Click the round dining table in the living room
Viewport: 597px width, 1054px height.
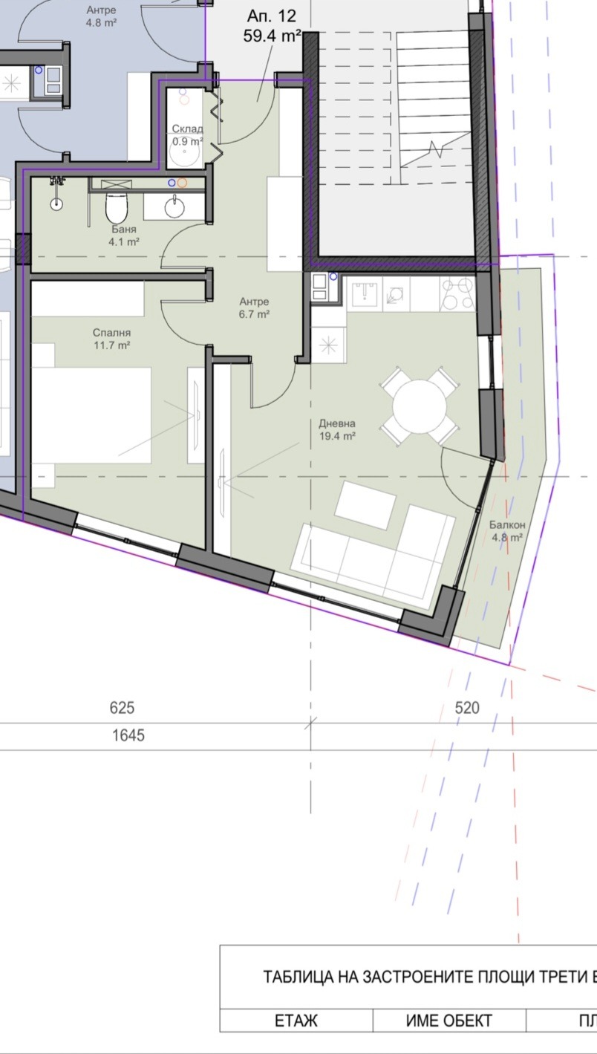420,406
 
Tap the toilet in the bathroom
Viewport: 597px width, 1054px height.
116,207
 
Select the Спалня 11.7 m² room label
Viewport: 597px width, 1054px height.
111,339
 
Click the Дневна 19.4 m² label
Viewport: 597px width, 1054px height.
337,429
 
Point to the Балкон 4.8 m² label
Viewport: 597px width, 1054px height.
507,531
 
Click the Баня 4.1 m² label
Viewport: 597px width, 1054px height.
124,235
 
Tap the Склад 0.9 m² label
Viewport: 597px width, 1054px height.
187,134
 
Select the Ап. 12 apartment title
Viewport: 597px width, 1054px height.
272,16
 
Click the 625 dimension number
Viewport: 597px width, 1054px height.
122,708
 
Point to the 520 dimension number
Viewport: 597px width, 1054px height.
467,708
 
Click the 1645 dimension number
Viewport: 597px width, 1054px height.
128,735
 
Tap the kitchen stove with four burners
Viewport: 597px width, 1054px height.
457,293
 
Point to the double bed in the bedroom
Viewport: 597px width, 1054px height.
92,415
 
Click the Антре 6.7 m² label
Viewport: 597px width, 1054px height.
254,308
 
